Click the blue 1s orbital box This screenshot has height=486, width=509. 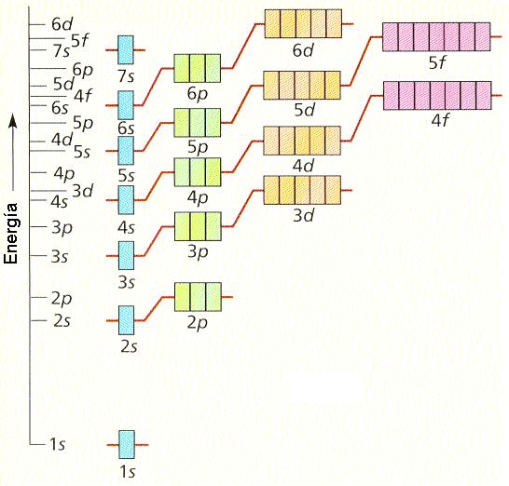[127, 444]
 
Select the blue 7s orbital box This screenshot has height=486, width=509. [126, 50]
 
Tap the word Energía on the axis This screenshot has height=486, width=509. [10, 233]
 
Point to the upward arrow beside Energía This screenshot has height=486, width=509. [13, 152]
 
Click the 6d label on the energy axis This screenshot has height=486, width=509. [62, 24]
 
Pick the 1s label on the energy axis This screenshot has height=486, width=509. [57, 443]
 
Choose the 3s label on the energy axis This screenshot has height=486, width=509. [60, 256]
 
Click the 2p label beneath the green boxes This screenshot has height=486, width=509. [198, 322]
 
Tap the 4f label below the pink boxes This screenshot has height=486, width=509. [439, 120]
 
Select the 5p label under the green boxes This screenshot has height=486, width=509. [198, 147]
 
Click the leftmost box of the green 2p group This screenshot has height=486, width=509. [183, 297]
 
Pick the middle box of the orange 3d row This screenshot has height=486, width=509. [302, 190]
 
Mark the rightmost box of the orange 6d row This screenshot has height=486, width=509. [334, 23]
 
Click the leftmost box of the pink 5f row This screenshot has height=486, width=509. [391, 37]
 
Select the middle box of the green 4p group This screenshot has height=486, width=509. [198, 172]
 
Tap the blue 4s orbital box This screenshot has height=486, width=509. [126, 200]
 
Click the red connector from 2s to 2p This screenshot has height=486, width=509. [154, 309]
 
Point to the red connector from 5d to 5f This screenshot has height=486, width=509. [362, 61]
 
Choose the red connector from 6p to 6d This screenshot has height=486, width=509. [242, 46]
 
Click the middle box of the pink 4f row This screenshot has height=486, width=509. [437, 96]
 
